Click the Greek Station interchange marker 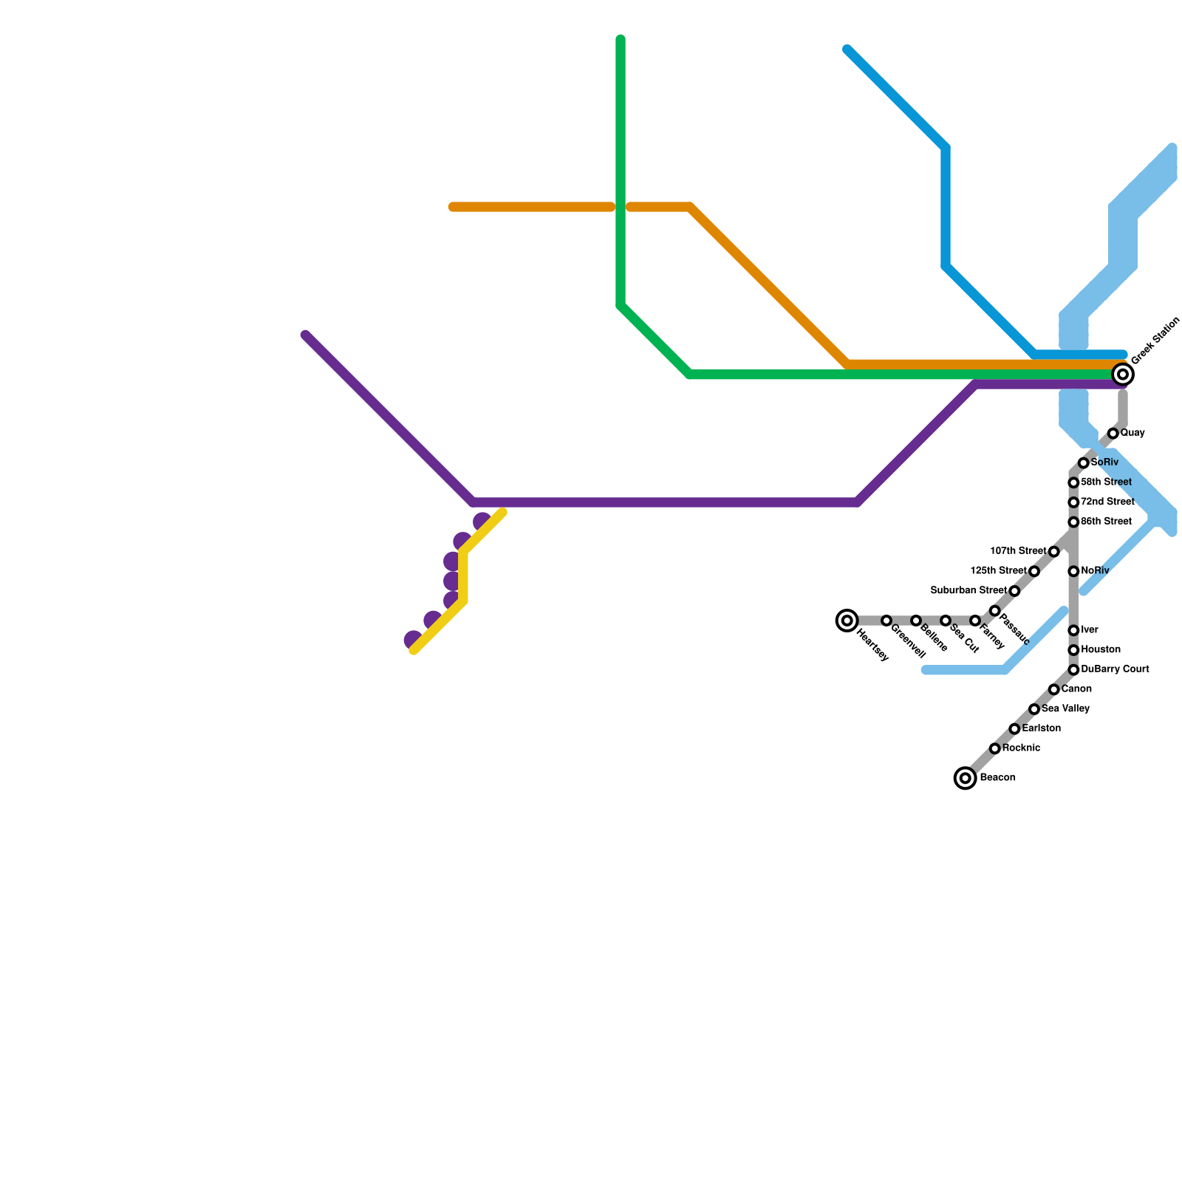tap(1123, 375)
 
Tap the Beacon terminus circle tap(965, 778)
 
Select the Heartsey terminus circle tap(847, 621)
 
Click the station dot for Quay tap(1113, 434)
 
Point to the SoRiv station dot tap(1083, 463)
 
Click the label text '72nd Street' tap(1107, 502)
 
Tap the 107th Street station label tap(1018, 551)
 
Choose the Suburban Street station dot tap(1014, 592)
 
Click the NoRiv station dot tap(1073, 571)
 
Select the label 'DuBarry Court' tap(1115, 669)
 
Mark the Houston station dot tap(1073, 650)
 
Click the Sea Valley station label tap(1065, 709)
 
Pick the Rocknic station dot tap(995, 748)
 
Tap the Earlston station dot tap(1014, 729)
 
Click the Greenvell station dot tap(886, 621)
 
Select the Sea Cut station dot tap(946, 621)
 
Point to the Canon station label tap(1076, 689)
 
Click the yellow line tap(463, 576)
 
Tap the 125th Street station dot tap(1034, 572)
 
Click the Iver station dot tap(1073, 630)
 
